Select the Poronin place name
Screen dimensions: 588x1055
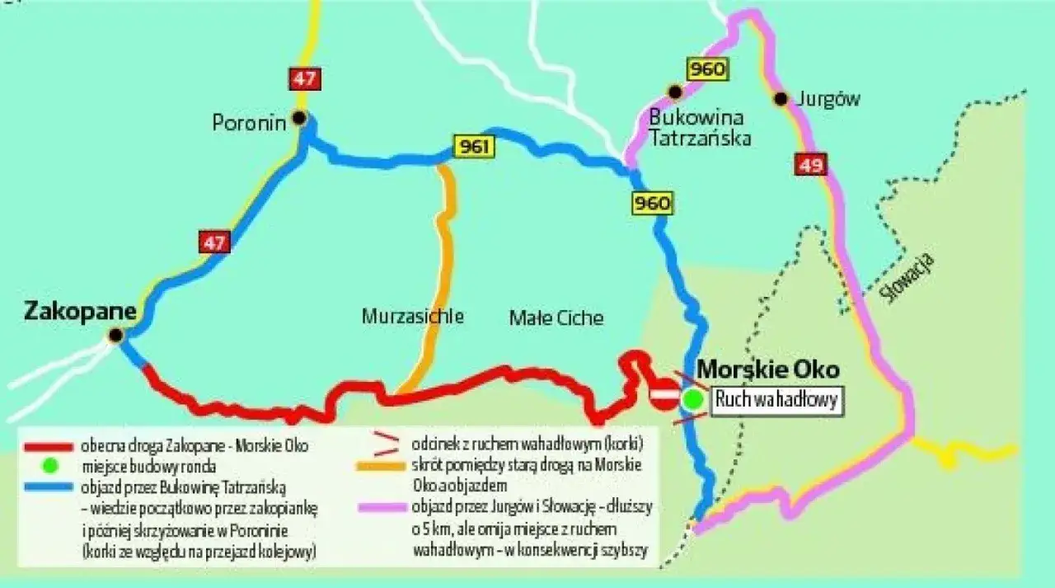click(249, 124)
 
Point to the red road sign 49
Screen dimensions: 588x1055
click(811, 165)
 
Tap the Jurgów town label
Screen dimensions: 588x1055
click(828, 99)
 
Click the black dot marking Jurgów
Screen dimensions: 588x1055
click(780, 99)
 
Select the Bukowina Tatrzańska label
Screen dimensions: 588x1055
click(700, 126)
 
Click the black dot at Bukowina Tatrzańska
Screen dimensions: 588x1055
click(675, 92)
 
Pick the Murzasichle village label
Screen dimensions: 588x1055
click(412, 317)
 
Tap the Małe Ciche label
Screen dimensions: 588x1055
click(556, 318)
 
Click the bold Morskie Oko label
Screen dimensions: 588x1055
click(768, 369)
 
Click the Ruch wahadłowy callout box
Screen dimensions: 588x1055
click(776, 401)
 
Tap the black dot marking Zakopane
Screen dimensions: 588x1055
click(115, 335)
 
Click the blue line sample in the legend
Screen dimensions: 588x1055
click(49, 487)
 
